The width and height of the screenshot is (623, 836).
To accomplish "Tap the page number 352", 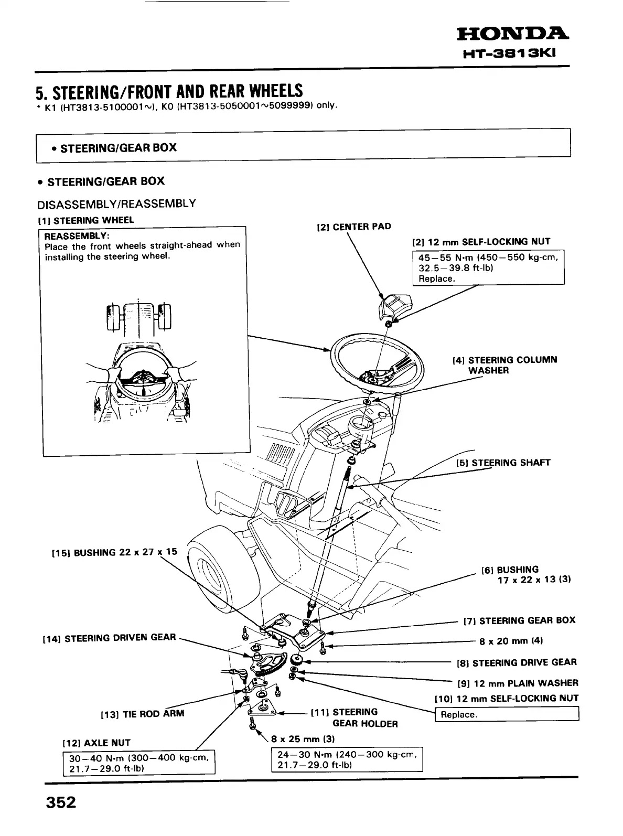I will point(61,802).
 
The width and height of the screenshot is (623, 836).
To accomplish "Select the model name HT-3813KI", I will point(517,54).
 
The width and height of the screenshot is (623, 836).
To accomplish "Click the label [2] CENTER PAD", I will point(354,227).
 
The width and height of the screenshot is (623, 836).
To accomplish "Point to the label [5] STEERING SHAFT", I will point(503,463).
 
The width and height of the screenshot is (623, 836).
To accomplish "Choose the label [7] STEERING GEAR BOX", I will point(519,620).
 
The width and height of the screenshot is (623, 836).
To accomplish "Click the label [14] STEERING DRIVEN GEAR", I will point(109,637).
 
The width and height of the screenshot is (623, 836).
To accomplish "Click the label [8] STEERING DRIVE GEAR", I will point(517,662).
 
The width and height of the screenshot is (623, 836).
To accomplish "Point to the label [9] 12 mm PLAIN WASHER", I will point(518,683).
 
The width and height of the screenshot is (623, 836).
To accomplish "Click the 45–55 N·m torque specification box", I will point(488,267).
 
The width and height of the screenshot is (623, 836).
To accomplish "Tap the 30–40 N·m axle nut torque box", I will point(139,763).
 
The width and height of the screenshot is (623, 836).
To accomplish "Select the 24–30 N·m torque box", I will point(347,759).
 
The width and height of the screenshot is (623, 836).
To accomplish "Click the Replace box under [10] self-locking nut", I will point(507,714).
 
